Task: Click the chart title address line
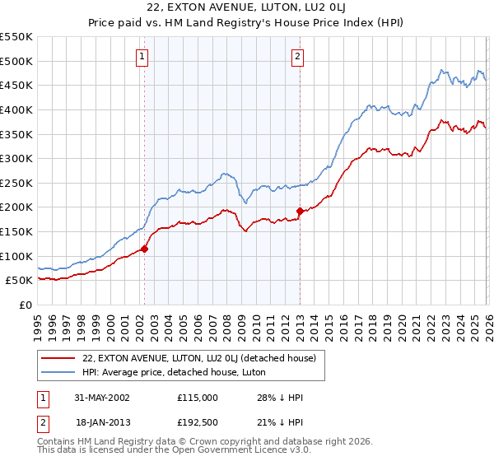click(x=247, y=9)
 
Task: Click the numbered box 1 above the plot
click(x=143, y=57)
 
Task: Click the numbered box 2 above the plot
click(x=297, y=57)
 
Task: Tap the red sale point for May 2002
click(x=144, y=249)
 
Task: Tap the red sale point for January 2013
click(x=300, y=211)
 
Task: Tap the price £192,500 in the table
click(x=197, y=422)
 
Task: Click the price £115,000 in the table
click(x=197, y=397)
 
